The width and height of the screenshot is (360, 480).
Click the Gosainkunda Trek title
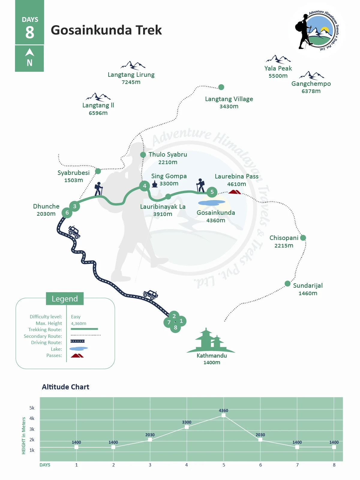(x=106, y=30)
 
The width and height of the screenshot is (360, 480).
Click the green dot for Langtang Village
(x=221, y=87)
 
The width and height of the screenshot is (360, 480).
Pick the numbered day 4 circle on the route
(x=145, y=186)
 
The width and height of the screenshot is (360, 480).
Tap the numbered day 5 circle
(x=212, y=192)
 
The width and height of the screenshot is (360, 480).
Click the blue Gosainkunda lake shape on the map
(x=211, y=203)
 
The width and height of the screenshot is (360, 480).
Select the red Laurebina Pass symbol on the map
(x=234, y=192)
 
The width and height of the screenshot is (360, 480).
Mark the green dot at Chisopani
(x=303, y=238)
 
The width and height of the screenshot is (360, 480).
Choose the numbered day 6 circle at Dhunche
(x=67, y=213)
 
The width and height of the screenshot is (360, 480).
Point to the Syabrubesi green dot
(x=98, y=171)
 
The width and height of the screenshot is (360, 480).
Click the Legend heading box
(x=65, y=298)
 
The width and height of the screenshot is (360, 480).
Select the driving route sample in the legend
(x=78, y=341)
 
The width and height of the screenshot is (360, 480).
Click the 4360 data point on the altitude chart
(x=223, y=415)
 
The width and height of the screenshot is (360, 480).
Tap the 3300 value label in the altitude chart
(x=187, y=422)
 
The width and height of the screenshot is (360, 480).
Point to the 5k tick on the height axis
(x=32, y=408)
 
